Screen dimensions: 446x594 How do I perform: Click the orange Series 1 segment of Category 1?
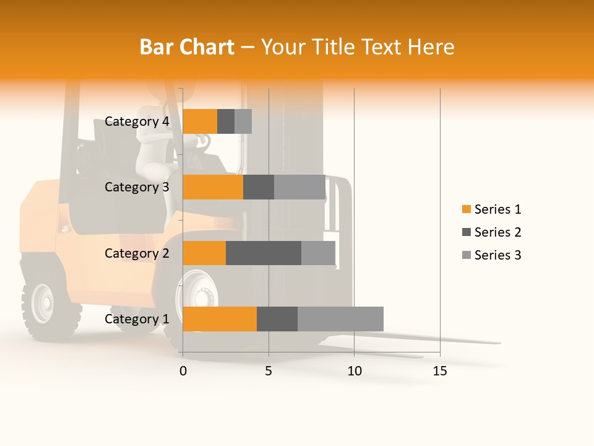[220, 319]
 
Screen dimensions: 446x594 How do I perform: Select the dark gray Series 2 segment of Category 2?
[264, 253]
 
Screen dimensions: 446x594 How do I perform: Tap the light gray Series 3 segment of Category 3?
[299, 187]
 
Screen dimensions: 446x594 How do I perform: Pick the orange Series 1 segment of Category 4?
[200, 121]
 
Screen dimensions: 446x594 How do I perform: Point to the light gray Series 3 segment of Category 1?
[340, 319]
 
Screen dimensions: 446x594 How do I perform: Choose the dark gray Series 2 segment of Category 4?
[226, 121]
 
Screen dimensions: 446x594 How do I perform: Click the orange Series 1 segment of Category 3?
[213, 187]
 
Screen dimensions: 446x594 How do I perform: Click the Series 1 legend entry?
[491, 209]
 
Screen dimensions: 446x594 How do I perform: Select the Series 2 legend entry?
[491, 232]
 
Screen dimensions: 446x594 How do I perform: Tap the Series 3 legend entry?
[491, 255]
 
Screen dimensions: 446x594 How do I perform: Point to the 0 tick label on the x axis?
[183, 371]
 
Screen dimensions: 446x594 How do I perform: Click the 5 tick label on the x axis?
[269, 371]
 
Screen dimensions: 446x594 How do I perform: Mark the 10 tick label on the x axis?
[354, 371]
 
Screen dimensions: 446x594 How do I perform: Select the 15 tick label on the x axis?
[439, 371]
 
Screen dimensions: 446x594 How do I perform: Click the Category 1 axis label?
[137, 319]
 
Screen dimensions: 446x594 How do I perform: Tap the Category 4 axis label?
[137, 121]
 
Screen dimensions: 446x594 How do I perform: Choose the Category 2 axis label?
[137, 253]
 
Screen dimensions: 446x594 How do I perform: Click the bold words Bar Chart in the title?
[187, 47]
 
